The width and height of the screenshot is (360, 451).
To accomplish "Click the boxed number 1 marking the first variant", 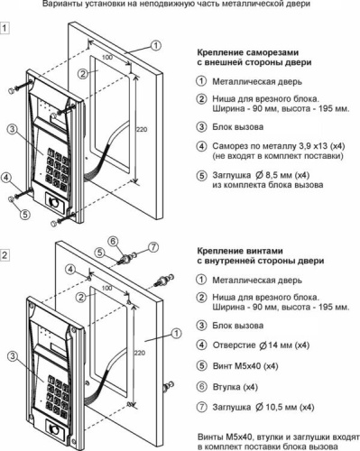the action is pos(5,28).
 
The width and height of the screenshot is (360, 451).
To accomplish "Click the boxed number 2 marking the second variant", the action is pos(5,255).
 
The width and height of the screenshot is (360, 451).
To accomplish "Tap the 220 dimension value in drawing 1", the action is pos(142,130).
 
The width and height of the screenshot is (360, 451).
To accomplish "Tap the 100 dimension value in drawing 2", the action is pos(106,288).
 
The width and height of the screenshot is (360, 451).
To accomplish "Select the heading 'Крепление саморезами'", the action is pos(248,52).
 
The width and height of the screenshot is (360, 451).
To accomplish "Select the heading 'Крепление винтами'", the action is pos(240,251).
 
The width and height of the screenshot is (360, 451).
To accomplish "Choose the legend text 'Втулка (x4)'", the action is pos(235,387).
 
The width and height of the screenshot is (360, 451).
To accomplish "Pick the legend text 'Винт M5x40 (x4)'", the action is pos(245,366).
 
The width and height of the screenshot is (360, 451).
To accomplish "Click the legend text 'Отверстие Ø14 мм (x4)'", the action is pos(261,345).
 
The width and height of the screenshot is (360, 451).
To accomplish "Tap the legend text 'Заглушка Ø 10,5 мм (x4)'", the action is pos(263,407).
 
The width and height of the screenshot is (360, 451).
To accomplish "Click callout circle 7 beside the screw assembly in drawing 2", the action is pos(153,247).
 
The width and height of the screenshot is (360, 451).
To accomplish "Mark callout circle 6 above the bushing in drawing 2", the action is pos(113,241).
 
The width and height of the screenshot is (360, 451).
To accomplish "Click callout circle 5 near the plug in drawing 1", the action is pos(25,214).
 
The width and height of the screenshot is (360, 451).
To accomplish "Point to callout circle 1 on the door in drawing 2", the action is pos(176,334).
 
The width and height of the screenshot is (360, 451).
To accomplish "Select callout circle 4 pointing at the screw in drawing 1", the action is pos(6,178).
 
